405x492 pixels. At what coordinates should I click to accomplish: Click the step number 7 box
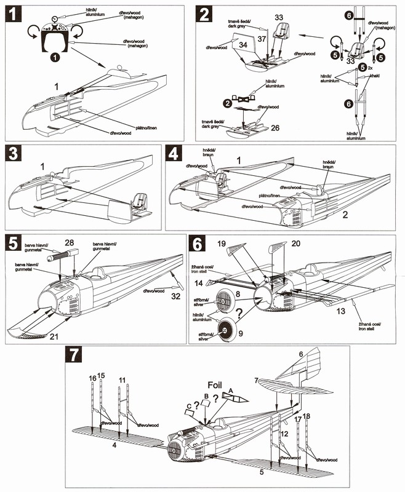[74, 355]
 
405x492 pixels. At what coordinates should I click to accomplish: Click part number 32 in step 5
[176, 296]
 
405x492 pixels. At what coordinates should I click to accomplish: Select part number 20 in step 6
[295, 244]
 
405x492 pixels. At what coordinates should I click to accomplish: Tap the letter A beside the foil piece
[231, 390]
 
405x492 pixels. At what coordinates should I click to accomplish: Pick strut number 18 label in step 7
[307, 417]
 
